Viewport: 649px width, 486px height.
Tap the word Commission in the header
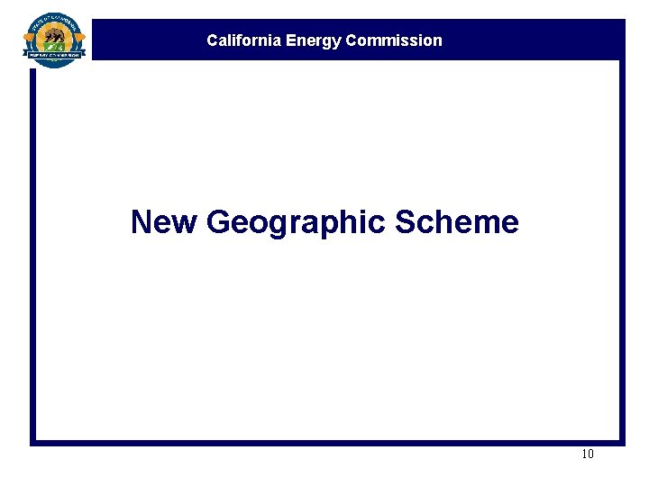pos(394,40)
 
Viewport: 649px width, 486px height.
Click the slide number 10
pos(588,454)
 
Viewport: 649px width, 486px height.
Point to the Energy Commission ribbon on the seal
pos(55,54)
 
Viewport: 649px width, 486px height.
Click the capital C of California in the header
pos(212,40)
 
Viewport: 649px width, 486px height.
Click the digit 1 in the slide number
pos(584,454)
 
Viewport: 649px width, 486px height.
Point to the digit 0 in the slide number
pos(590,454)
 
